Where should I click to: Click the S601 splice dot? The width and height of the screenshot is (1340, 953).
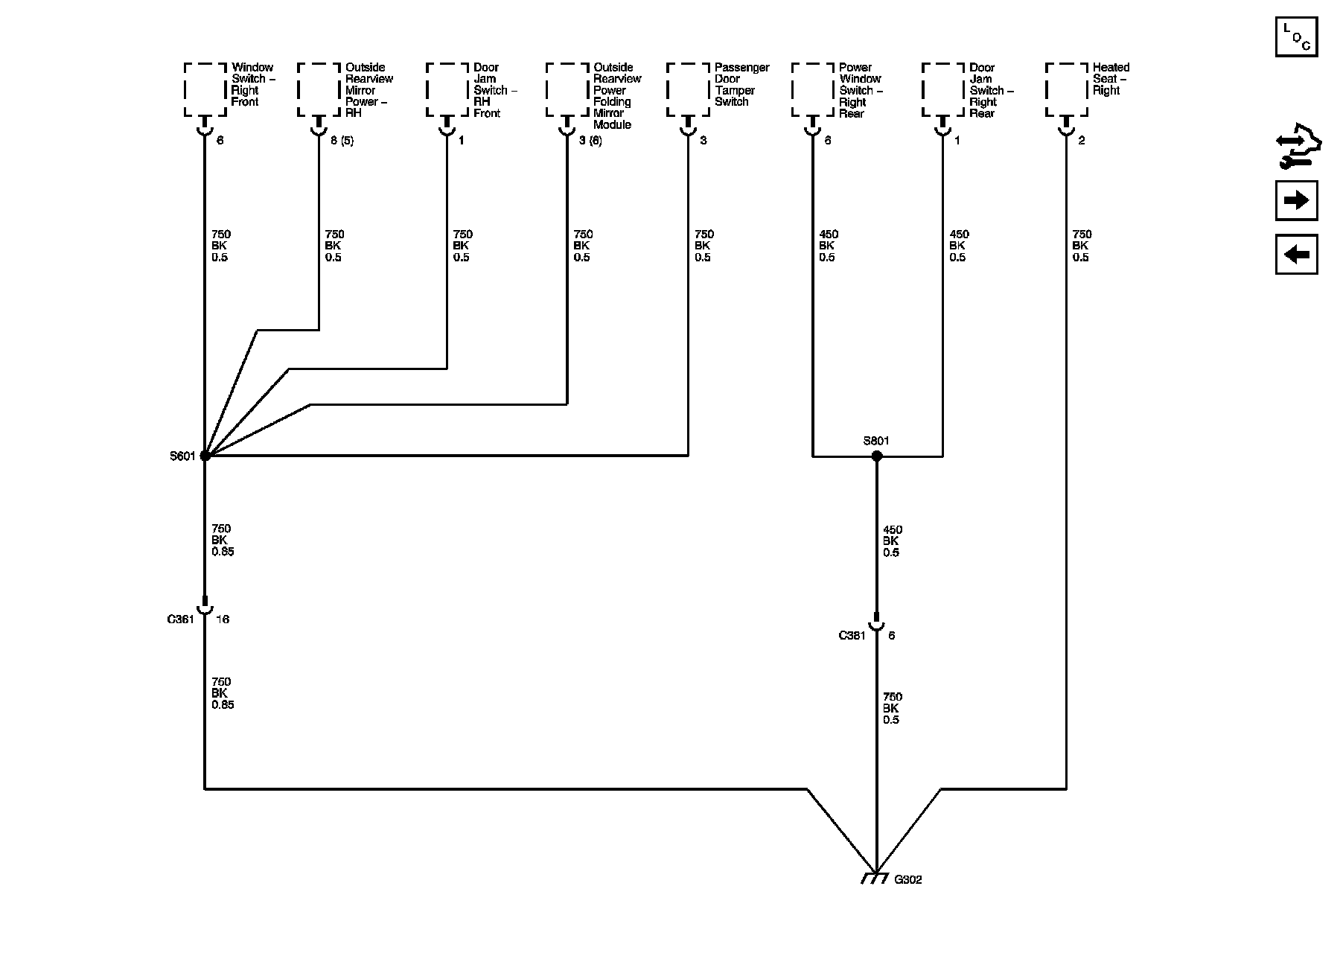(205, 456)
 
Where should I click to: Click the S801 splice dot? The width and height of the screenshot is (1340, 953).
(876, 456)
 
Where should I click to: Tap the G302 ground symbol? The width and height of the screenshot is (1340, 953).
(874, 877)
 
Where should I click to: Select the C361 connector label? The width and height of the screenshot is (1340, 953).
(180, 619)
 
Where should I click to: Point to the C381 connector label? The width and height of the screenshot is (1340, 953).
(852, 636)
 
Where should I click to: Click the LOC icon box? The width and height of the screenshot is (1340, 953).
(1296, 37)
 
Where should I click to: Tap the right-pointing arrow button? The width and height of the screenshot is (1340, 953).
(1296, 200)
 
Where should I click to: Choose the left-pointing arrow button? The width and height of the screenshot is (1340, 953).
(1296, 255)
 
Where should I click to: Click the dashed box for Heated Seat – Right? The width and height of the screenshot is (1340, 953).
(1067, 90)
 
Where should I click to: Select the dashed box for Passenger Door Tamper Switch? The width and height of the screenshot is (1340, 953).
(689, 90)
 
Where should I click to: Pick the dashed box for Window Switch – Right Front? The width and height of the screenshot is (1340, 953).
(205, 90)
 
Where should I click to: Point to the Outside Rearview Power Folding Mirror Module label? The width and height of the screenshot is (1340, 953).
(616, 96)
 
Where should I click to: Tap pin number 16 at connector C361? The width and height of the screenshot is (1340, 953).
(222, 619)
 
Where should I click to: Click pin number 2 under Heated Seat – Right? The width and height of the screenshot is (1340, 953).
(1081, 141)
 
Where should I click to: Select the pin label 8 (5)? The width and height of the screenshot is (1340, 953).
(342, 141)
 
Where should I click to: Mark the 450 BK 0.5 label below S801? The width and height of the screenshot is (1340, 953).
(891, 541)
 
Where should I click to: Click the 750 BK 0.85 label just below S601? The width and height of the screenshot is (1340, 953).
(222, 541)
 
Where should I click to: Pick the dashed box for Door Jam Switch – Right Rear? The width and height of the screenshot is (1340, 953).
(943, 90)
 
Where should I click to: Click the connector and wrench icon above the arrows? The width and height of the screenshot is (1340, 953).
(1296, 145)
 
